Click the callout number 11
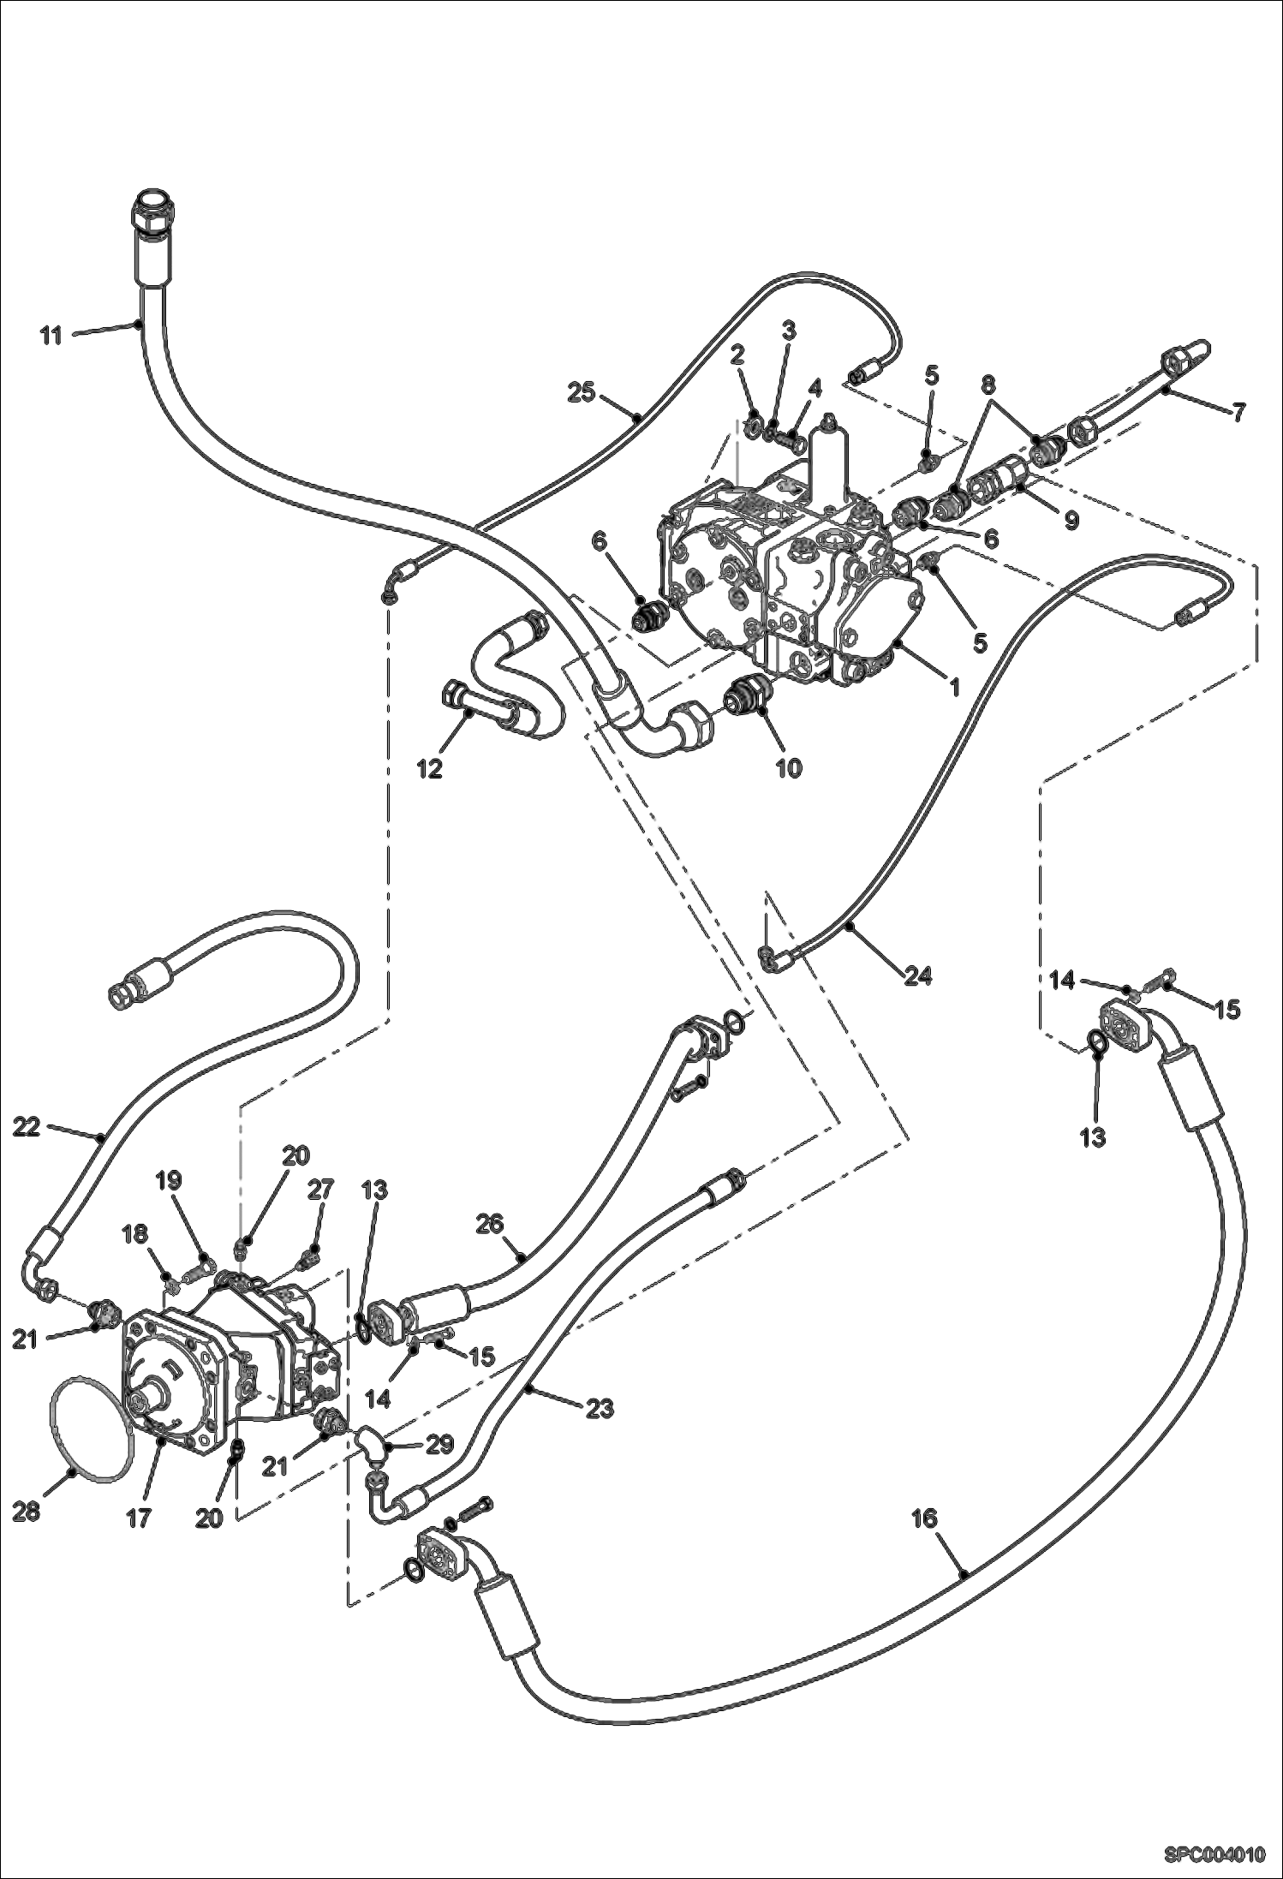[51, 336]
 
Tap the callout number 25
[581, 393]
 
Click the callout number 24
[917, 975]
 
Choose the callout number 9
[1071, 520]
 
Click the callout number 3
[788, 330]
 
